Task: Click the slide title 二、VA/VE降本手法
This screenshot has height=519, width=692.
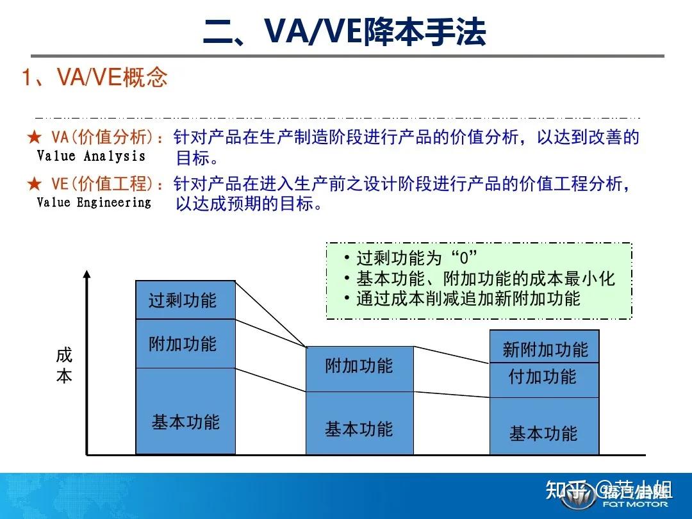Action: (x=344, y=32)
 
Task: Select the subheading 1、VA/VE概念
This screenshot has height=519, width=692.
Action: (x=95, y=78)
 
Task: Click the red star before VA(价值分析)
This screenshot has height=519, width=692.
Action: (x=34, y=138)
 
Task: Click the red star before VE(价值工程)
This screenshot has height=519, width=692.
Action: (x=34, y=185)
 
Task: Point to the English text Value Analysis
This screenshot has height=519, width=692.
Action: (x=91, y=156)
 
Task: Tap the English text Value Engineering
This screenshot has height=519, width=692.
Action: (x=94, y=202)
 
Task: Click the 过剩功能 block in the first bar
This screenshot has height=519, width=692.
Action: (x=185, y=300)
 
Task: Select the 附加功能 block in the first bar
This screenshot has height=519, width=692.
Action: (x=185, y=343)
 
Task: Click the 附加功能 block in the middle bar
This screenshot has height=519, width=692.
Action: (x=359, y=368)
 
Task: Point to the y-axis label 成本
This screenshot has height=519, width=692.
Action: (x=64, y=365)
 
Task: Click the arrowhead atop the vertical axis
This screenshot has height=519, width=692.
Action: (x=87, y=275)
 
